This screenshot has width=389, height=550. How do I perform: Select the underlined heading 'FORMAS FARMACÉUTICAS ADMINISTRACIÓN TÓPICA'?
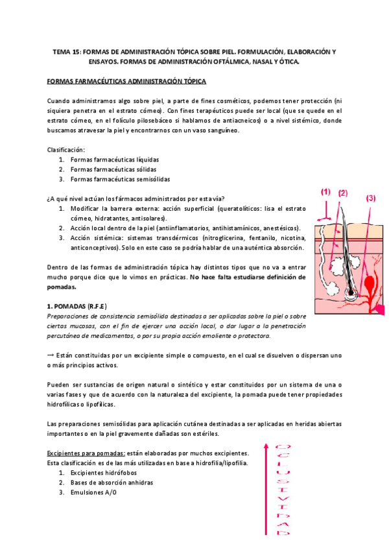coord(127,82)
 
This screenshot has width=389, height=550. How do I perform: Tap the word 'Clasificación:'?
coord(67,149)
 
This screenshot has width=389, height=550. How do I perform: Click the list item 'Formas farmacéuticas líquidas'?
coord(115,160)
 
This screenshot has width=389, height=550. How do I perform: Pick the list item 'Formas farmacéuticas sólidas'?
coord(113,169)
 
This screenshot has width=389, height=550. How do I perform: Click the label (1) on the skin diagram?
coord(325,191)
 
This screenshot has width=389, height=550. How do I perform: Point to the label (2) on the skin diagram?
coord(342,193)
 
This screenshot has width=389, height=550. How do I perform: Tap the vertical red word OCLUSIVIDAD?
coord(283,490)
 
